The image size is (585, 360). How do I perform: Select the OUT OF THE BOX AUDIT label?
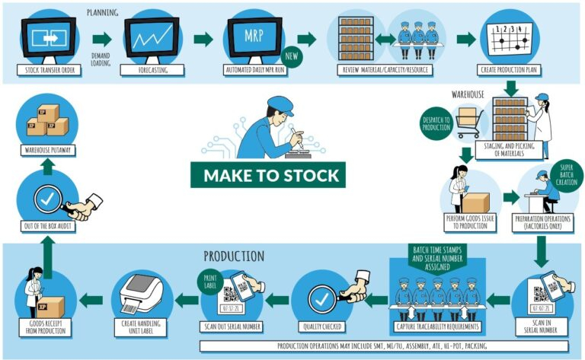[x=51, y=226]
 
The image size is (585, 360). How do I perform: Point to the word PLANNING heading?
[x=103, y=13]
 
